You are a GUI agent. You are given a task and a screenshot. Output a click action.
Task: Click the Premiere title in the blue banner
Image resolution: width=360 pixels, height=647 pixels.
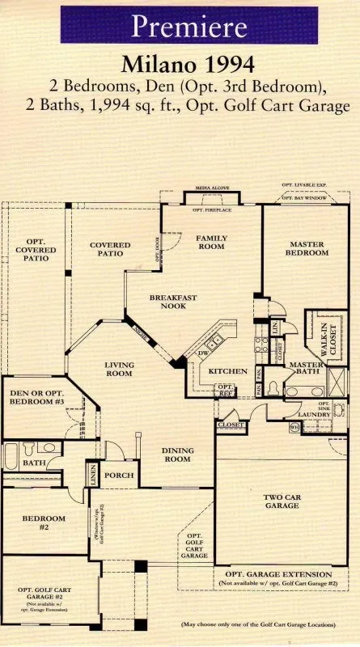[188, 27]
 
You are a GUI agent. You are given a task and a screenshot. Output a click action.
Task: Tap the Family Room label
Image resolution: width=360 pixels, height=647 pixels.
[212, 242]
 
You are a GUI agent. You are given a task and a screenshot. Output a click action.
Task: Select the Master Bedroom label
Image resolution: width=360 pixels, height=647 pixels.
[307, 247]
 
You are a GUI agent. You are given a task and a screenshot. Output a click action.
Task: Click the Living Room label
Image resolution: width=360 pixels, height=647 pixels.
[120, 370]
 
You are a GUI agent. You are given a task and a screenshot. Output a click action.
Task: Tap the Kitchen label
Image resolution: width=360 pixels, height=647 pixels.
[228, 371]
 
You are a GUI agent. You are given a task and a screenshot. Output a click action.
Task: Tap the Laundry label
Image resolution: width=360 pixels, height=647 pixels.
[314, 415]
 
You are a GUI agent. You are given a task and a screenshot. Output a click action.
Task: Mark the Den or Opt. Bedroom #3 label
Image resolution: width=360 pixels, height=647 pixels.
[32, 398]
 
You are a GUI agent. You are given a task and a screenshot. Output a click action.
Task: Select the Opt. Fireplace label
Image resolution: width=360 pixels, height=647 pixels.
[212, 210]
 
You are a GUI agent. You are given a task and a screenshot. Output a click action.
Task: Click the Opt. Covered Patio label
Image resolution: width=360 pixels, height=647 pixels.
[35, 251]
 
